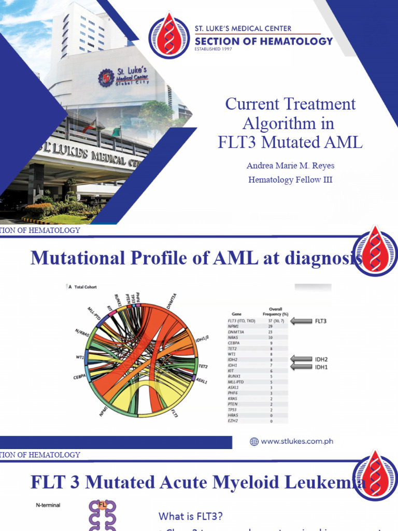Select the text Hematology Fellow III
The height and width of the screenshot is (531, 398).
click(x=290, y=179)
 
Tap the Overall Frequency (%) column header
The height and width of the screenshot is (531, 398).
click(x=275, y=311)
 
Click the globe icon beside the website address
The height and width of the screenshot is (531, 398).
click(x=254, y=442)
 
